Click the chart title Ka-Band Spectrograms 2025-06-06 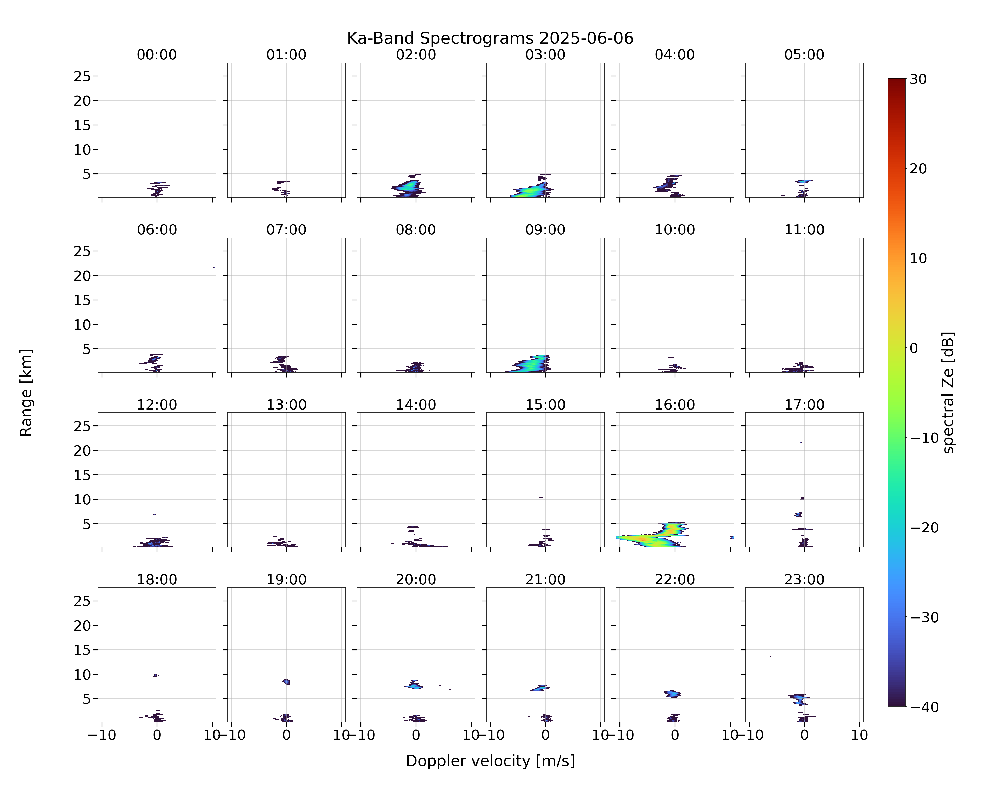pyautogui.click(x=490, y=38)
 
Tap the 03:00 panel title pyautogui.click(x=545, y=55)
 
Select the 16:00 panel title pyautogui.click(x=675, y=405)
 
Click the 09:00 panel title pyautogui.click(x=545, y=230)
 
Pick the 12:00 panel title pyautogui.click(x=157, y=405)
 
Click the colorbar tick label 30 pyautogui.click(x=918, y=79)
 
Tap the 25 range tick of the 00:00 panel pyautogui.click(x=82, y=76)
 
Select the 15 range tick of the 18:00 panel pyautogui.click(x=82, y=650)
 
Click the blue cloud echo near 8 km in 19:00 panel pyautogui.click(x=286, y=681)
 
